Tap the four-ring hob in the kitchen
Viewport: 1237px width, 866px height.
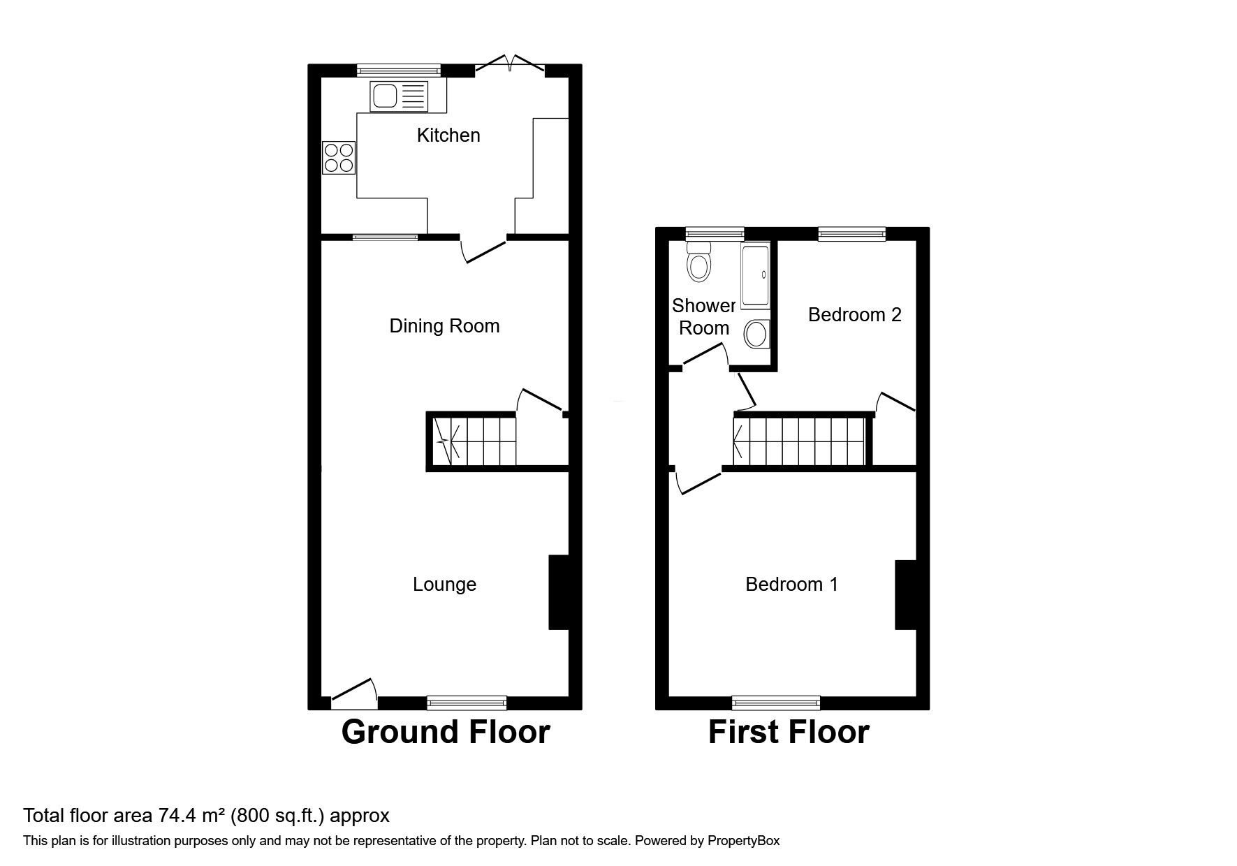[x=339, y=158]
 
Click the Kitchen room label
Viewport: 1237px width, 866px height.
[x=448, y=135]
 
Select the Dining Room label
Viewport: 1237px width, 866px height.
[x=444, y=326]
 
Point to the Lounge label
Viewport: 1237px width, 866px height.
[x=444, y=585]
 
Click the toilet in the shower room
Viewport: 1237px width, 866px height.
[x=698, y=263]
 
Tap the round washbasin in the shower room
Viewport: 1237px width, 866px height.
[x=756, y=335]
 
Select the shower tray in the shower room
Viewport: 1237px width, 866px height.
[x=755, y=276]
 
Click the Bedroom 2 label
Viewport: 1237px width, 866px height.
[x=854, y=315]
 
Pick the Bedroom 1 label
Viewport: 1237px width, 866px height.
[x=791, y=585]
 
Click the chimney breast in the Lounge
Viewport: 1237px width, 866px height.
[x=559, y=592]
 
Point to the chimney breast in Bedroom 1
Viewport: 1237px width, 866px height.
[x=905, y=595]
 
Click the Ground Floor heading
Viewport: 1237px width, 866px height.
[x=446, y=732]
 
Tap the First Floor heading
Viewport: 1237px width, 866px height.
[x=789, y=732]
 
